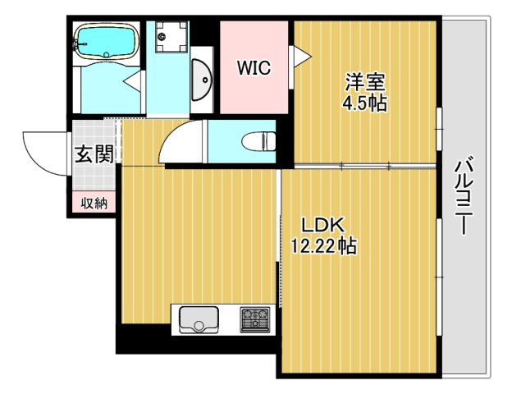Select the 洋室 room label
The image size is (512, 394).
pyautogui.click(x=365, y=82)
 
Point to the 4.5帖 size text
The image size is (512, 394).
pyautogui.click(x=365, y=103)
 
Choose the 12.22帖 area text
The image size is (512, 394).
pyautogui.click(x=323, y=245)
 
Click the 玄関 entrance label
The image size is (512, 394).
pyautogui.click(x=94, y=153)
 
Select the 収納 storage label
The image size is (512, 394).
pyautogui.click(x=94, y=203)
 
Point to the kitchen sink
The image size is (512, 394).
pyautogui.click(x=197, y=318)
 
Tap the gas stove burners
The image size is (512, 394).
pyautogui.click(x=254, y=318)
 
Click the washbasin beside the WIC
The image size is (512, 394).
pyautogui.click(x=203, y=80)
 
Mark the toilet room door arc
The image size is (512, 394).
pyautogui.click(x=181, y=144)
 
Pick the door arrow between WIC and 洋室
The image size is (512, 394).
pyautogui.click(x=301, y=56)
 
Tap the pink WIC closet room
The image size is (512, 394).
pyautogui.click(x=254, y=90)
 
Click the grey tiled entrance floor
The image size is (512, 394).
pyautogui.click(x=94, y=135)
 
